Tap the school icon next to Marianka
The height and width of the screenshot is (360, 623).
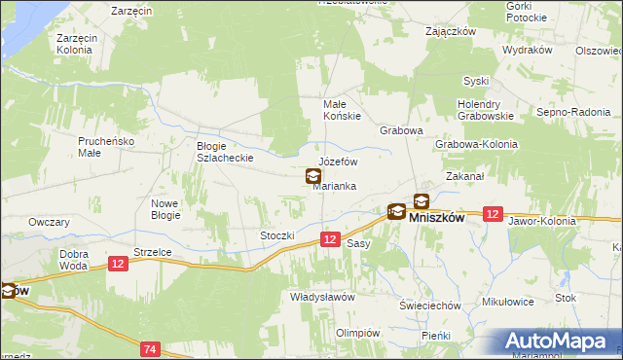[313, 177]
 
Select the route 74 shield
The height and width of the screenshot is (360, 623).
[150, 348]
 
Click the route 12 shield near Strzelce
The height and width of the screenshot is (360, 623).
[118, 264]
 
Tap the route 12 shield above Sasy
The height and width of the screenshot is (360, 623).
[330, 239]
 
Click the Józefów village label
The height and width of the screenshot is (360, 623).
[339, 162]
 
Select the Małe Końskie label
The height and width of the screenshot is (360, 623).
[343, 110]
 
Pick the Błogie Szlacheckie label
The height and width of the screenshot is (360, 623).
[225, 151]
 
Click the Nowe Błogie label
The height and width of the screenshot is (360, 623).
[165, 209]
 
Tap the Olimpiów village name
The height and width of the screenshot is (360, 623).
[356, 332]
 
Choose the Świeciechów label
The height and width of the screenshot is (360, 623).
[429, 305]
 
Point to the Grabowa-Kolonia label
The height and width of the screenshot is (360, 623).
[477, 144]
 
